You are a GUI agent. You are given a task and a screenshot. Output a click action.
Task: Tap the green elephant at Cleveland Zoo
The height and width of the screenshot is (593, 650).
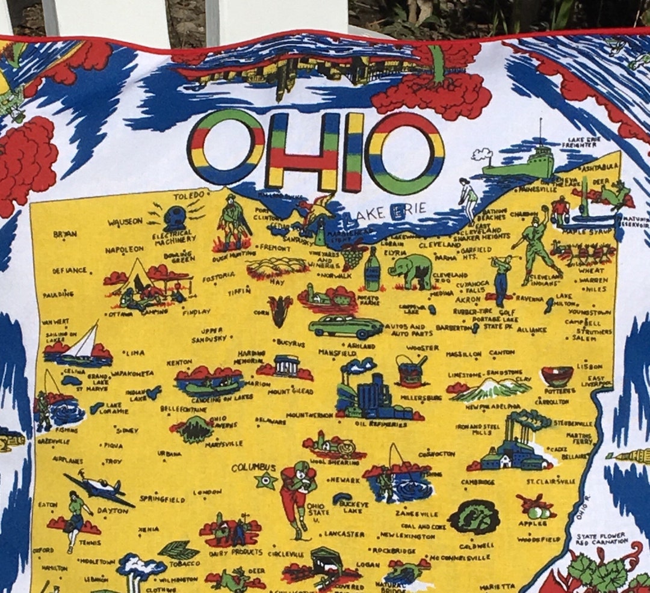[x=411, y=269]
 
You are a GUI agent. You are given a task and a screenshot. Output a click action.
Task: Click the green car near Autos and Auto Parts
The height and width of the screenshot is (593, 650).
[x=345, y=326]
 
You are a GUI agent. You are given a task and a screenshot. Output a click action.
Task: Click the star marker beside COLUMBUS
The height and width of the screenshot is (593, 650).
[x=265, y=480]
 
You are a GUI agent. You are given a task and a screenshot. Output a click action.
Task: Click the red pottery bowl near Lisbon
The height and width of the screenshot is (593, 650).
[x=557, y=376]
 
